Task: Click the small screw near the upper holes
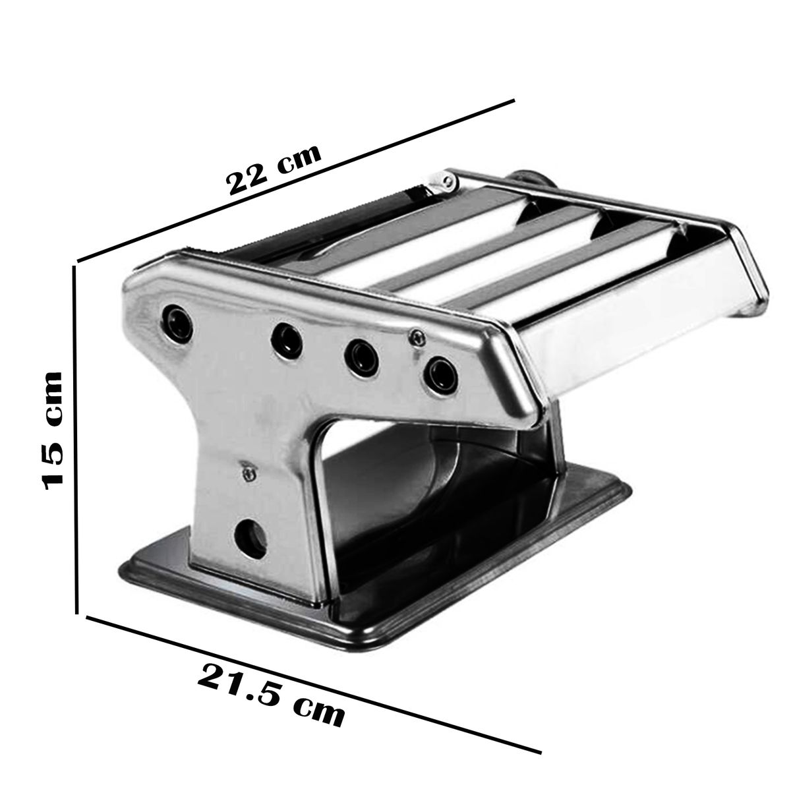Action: (416, 336)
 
